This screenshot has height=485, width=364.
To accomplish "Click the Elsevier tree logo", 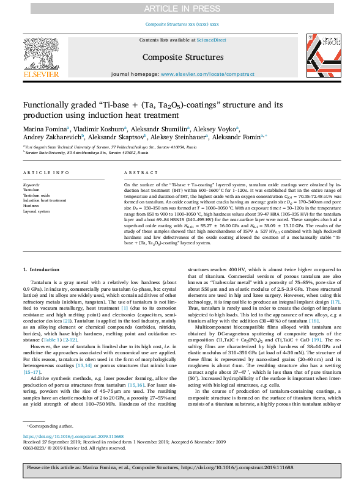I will point(41,53).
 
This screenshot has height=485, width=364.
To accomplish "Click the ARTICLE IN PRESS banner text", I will point(182,8).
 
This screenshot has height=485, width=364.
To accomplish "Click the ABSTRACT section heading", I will point(138,173).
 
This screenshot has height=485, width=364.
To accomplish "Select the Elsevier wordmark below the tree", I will point(41,75).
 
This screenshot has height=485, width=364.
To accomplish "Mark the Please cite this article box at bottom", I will point(182,468).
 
